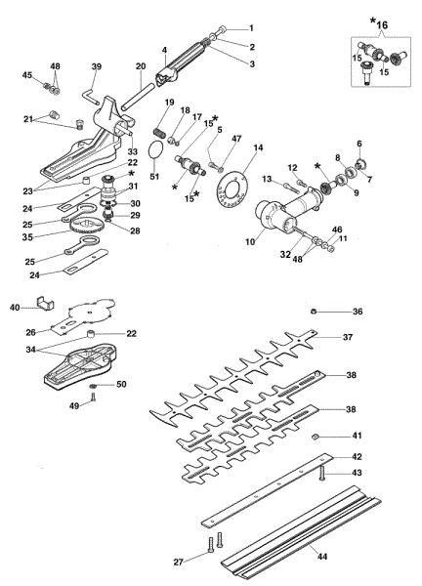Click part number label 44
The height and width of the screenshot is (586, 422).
coord(321,557)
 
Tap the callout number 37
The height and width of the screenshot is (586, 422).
coord(348,337)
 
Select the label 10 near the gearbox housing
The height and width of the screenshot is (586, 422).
coord(250,242)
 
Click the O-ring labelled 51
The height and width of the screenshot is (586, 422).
coord(154,150)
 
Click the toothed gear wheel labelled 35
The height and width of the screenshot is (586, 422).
coord(86,226)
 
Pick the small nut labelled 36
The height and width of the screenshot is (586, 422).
coord(314,312)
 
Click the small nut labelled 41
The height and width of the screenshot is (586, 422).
coord(316,437)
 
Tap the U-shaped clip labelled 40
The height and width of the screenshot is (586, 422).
coord(46,303)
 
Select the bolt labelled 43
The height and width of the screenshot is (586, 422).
coord(321,473)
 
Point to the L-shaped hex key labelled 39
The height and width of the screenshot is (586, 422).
coord(89,95)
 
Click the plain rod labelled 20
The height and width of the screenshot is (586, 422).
coord(138,97)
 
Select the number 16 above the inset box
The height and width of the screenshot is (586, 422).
coord(382,25)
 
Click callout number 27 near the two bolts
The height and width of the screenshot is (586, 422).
coord(179,563)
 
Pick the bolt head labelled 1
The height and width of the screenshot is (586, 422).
coord(222,29)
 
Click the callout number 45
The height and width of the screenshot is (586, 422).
coord(27,75)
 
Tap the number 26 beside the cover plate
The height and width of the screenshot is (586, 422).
coord(30,332)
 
